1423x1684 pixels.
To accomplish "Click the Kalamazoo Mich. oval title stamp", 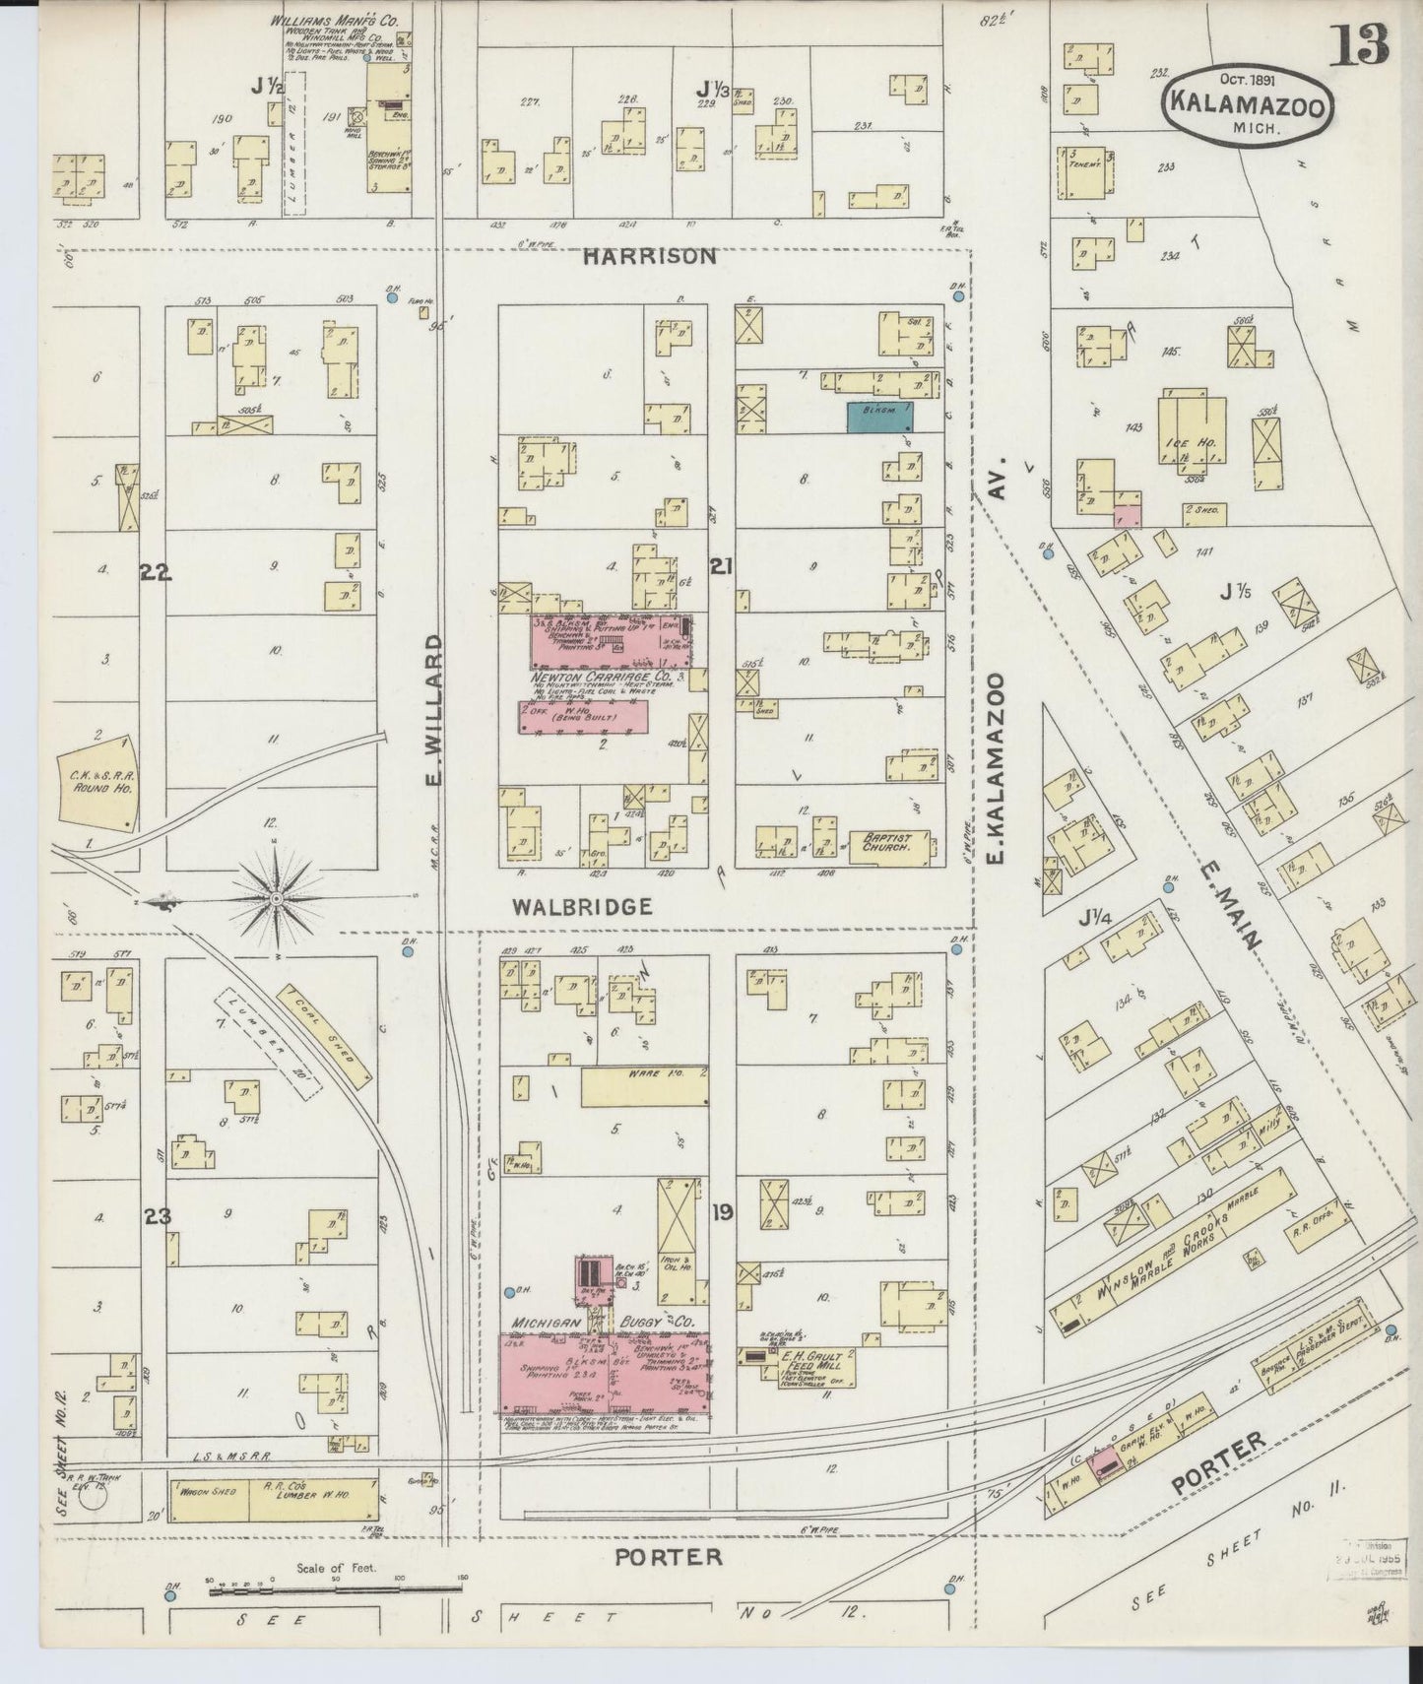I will (x=1248, y=108).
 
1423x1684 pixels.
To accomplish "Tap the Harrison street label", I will (x=649, y=256).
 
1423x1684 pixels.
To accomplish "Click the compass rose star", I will (x=278, y=898).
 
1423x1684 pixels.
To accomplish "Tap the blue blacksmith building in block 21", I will (x=879, y=417).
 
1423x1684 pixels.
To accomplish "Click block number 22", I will (x=155, y=572).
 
